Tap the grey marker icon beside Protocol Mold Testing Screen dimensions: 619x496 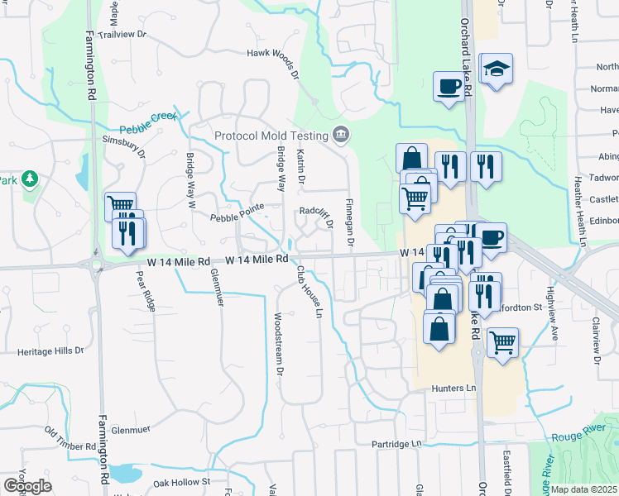pos(340,135)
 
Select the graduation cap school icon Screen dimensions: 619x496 pos(496,69)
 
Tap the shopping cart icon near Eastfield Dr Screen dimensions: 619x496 pos(502,341)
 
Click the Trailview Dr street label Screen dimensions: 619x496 pos(122,35)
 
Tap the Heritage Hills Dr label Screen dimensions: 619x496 pos(50,351)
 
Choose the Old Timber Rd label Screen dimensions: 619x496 pos(71,439)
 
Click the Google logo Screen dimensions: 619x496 pos(27,486)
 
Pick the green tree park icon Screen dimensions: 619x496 pos(30,178)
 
